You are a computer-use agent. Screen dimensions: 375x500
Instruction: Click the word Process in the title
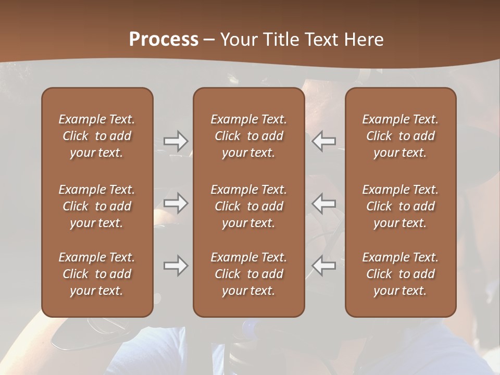tap(164, 40)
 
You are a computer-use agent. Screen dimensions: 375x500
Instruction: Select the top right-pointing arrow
tap(176, 141)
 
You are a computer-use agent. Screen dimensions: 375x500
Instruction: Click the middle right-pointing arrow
tap(176, 203)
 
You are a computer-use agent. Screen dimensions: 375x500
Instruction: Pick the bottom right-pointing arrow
tap(176, 266)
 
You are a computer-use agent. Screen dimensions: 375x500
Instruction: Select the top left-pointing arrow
tap(324, 141)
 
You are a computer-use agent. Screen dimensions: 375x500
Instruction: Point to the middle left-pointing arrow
tap(324, 203)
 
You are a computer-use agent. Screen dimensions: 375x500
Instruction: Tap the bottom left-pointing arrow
tap(324, 266)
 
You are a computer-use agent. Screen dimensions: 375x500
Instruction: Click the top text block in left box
tap(97, 136)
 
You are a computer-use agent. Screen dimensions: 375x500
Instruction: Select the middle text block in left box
tap(97, 206)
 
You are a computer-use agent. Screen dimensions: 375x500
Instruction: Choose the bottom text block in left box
tap(97, 274)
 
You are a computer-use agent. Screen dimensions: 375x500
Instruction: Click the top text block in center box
tap(248, 136)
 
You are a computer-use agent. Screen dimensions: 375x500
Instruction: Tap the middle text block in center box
tap(248, 206)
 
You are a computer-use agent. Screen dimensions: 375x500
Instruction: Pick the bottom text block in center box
tap(248, 274)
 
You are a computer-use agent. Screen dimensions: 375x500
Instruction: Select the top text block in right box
tap(400, 136)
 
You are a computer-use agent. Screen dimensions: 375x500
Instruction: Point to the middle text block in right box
tap(400, 206)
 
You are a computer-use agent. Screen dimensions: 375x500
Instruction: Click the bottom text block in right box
tap(400, 274)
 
